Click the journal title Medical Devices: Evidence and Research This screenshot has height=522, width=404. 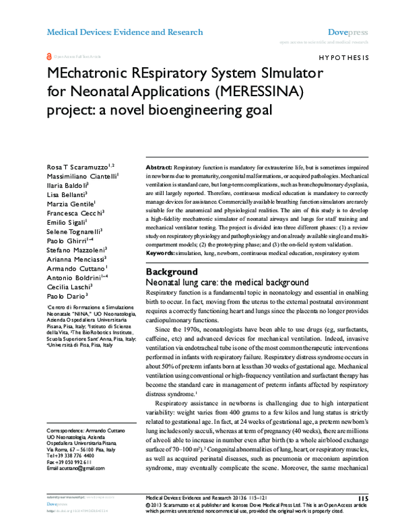pyautogui.click(x=124, y=32)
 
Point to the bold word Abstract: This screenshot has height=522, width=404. pyautogui.click(x=159, y=165)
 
